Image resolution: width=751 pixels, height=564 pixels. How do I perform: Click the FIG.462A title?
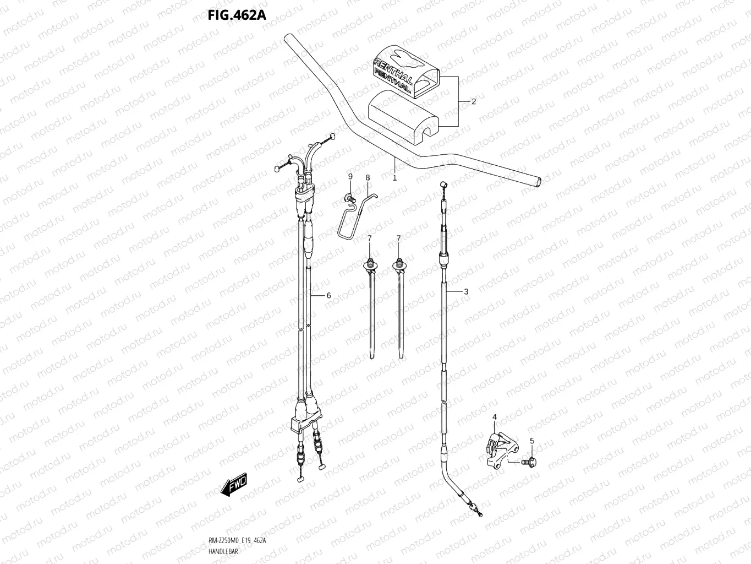(237, 14)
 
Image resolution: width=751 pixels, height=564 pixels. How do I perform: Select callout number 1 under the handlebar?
(394, 178)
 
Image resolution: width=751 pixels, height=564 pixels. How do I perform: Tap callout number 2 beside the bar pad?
(473, 101)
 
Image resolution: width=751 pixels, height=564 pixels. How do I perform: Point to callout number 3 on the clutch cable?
(466, 291)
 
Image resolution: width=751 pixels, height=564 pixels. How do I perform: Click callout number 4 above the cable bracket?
(494, 417)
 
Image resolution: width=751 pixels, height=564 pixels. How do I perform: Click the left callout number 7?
(370, 238)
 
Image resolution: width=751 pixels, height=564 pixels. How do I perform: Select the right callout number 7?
(399, 238)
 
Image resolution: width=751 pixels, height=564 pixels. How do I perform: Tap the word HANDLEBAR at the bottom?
(223, 551)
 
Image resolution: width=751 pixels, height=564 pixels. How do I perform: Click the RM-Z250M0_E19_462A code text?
(238, 540)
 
